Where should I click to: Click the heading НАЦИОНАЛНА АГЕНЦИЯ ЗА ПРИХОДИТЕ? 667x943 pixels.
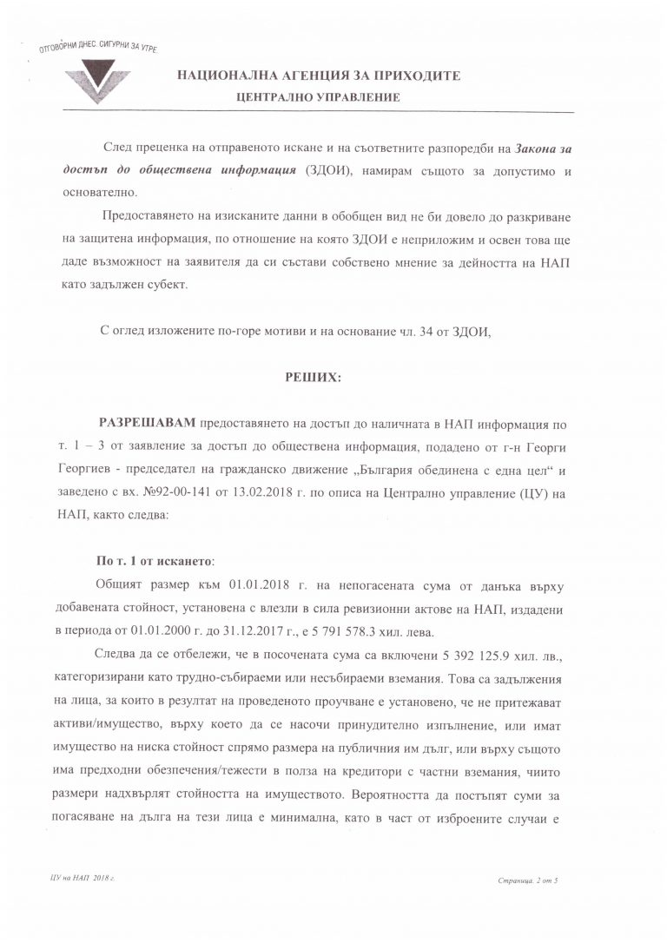click(319, 76)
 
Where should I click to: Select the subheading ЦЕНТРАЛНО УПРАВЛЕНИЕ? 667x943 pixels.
click(319, 97)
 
